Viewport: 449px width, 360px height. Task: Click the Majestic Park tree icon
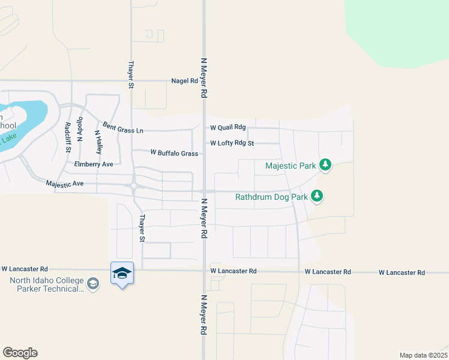(325, 164)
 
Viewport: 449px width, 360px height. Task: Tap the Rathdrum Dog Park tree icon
(317, 196)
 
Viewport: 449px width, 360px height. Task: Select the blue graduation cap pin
(122, 274)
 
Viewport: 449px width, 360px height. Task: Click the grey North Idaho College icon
(93, 283)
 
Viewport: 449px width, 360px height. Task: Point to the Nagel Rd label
(184, 81)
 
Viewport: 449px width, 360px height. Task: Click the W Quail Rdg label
(228, 127)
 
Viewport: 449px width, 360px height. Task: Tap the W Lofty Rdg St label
(232, 143)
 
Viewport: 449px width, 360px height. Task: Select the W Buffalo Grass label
(174, 154)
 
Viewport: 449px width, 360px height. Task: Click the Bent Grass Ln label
(123, 127)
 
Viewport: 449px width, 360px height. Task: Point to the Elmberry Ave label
(93, 164)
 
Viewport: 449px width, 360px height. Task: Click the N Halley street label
(98, 142)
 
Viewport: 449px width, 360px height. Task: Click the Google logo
(20, 353)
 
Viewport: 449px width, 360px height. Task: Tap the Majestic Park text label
(291, 165)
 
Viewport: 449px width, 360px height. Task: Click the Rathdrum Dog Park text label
(271, 196)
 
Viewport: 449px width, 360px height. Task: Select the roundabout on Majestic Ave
(133, 185)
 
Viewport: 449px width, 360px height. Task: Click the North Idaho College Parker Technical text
(47, 284)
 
